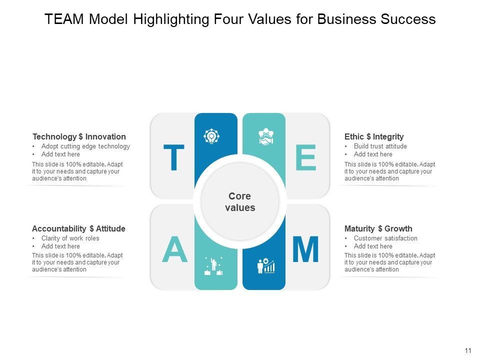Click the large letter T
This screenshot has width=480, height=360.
point(174,158)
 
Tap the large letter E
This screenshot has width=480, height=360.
point(305,158)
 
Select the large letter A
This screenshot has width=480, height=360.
point(174,250)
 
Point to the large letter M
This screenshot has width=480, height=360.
point(305,250)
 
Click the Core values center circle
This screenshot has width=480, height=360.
point(240,201)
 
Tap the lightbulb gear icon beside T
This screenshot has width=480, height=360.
point(212,136)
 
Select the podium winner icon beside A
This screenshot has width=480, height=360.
point(213,265)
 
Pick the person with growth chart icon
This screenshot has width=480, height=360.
point(265,265)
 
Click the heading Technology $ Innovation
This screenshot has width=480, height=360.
point(79,136)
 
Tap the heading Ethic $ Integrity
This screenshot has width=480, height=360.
point(374,136)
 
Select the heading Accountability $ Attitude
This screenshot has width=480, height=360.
point(78,228)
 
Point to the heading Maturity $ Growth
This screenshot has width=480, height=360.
point(378,228)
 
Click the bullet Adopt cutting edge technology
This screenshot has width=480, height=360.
point(85,146)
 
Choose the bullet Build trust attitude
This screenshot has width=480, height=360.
point(380,146)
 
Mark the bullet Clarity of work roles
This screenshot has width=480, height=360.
point(70,238)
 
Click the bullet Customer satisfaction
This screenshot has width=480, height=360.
point(385,238)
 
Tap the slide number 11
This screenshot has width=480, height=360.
point(468,350)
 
